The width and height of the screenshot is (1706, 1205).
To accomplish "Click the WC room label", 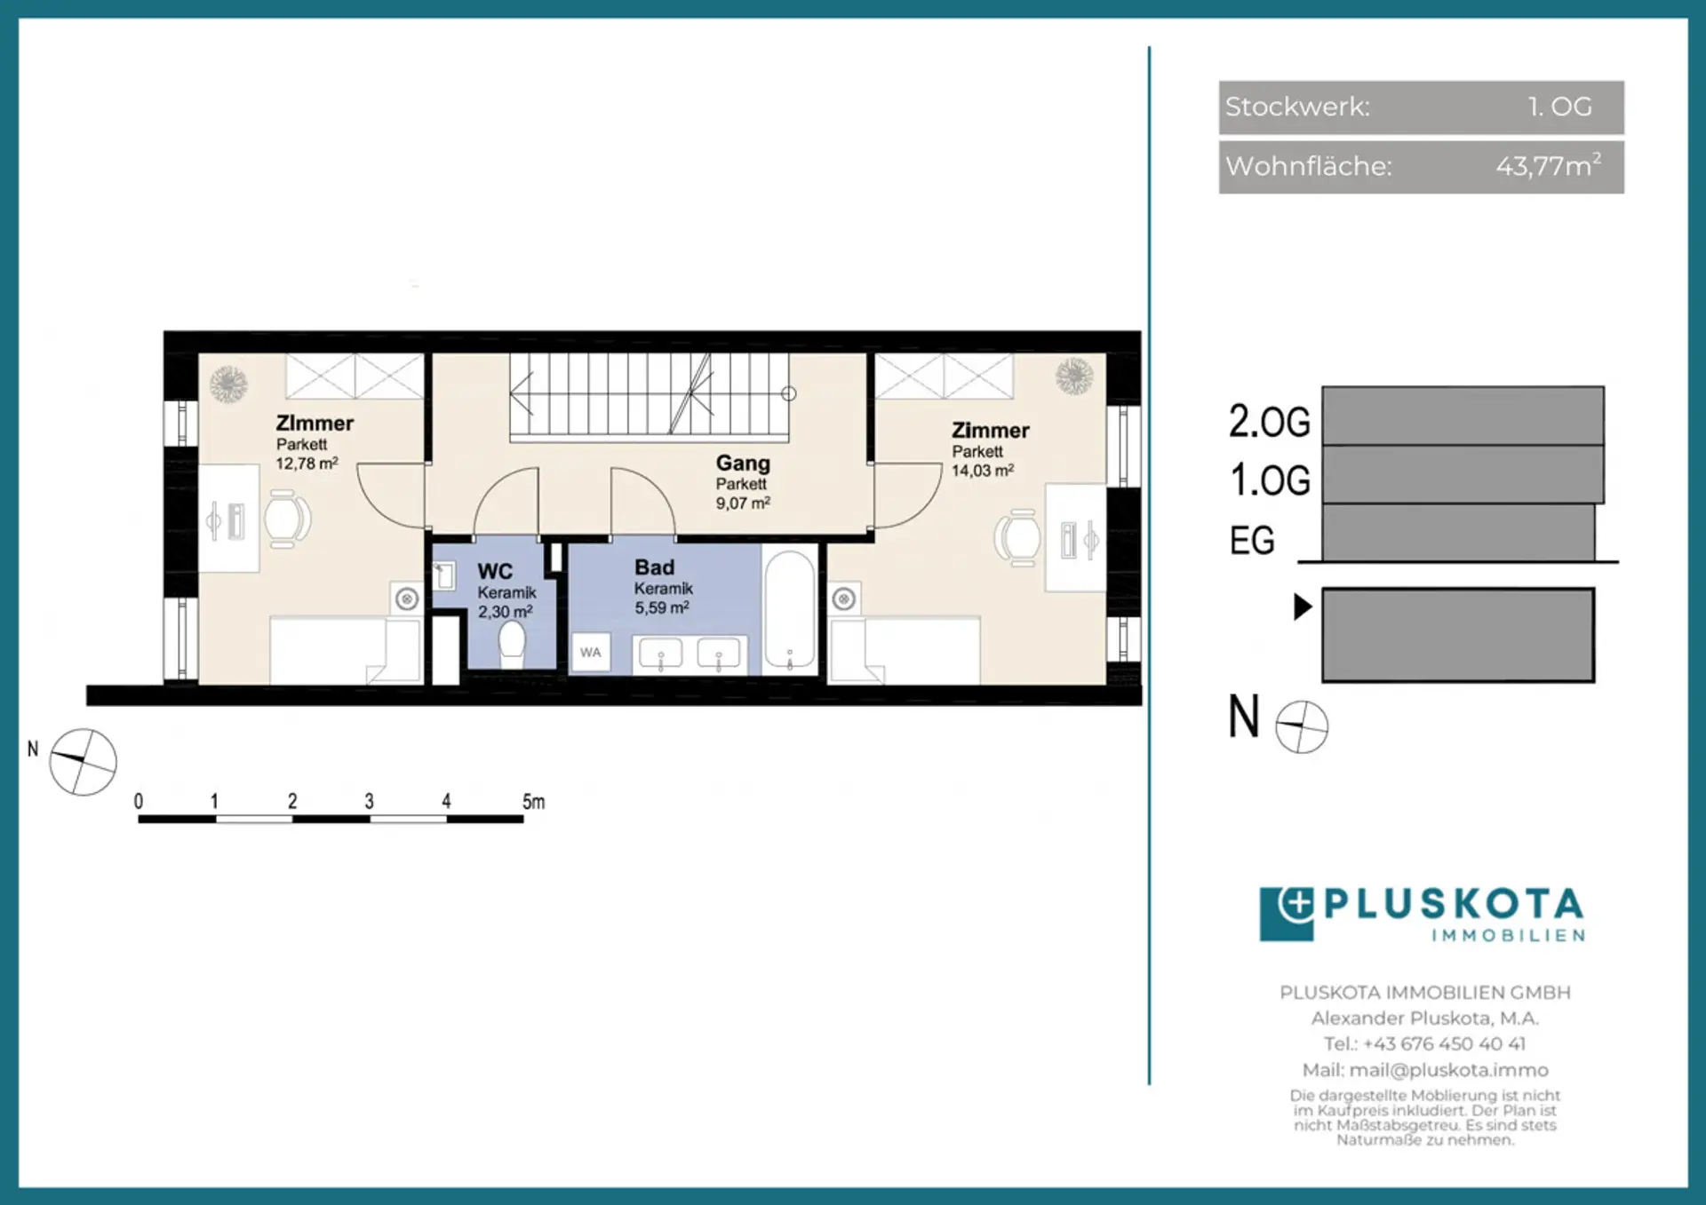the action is pos(495,571).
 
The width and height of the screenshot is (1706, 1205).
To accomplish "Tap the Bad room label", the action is pos(655,567).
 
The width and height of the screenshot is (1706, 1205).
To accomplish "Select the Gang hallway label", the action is pos(743,463).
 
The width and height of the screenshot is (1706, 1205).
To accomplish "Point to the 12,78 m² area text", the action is pos(307,464).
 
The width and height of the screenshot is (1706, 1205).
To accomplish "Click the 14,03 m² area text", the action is pos(983,471).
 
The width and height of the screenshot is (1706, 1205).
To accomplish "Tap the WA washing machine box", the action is pos(591,653).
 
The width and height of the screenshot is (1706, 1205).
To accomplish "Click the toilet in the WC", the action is pos(512,640).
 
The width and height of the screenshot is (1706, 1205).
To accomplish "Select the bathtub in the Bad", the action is pos(790,609).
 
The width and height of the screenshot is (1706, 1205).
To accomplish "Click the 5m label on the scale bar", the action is pos(533,802).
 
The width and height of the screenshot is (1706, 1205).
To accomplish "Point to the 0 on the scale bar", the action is pos(139,801).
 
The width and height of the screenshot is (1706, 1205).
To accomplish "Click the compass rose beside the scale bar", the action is pos(83,762).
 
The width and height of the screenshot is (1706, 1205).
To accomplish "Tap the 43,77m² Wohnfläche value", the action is pos(1548,165).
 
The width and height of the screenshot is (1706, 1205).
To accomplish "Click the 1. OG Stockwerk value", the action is pos(1560,107).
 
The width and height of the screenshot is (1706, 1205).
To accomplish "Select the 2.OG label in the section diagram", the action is pos(1270,421).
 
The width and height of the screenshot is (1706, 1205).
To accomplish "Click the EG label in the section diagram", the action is pos(1252,540).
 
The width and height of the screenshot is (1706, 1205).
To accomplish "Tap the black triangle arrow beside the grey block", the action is pos(1303,606).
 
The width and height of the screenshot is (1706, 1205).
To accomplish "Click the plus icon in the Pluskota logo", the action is pos(1297,904).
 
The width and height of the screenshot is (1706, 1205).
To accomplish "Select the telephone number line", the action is pos(1424,1043).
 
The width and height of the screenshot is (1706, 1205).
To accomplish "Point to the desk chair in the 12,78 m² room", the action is pos(287,519).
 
